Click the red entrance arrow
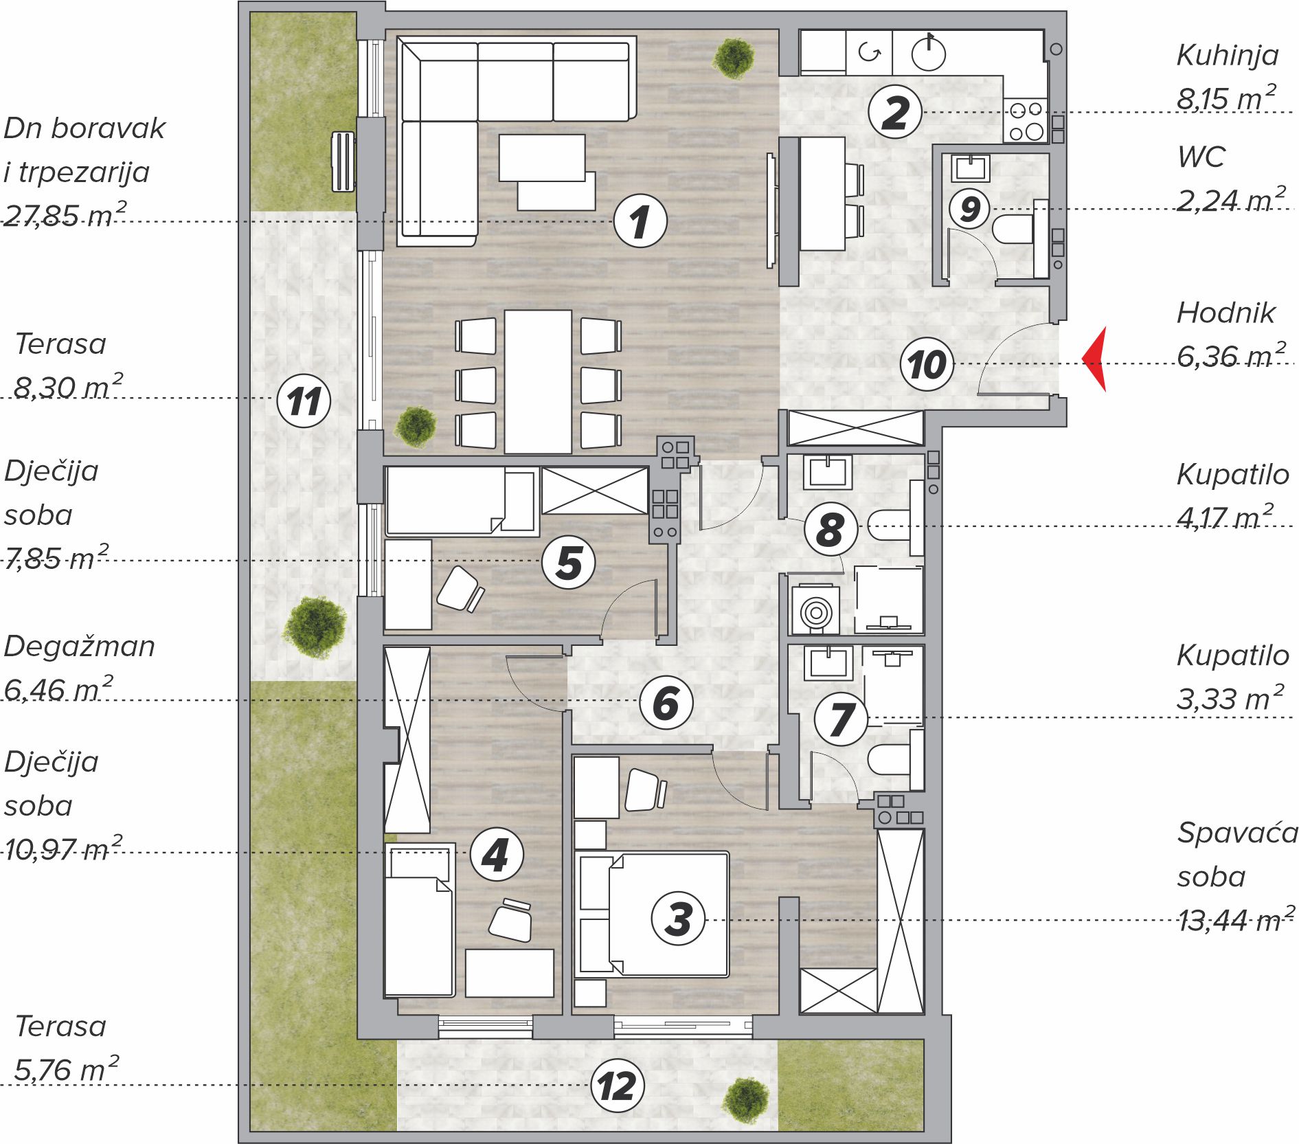pos(1094,359)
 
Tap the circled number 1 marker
pos(640,221)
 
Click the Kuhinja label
pos(1228,55)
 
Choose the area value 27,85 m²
pos(65,214)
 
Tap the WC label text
pos(1201,157)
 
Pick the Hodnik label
pos(1226,313)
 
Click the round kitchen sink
pos(929,53)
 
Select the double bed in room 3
pos(651,914)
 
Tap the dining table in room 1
pos(538,381)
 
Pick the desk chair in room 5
pos(460,590)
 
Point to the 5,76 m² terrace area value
pos(67,1069)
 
